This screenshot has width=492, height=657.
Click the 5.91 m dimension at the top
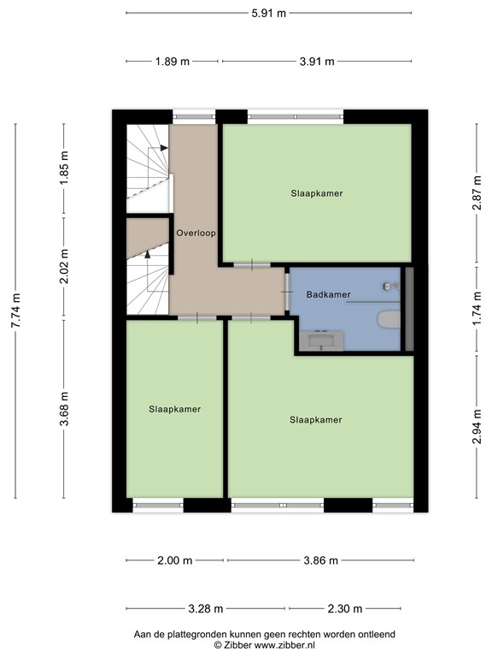coord(268,14)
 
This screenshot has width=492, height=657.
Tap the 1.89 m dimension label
coord(173,62)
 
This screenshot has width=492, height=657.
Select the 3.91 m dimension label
coord(317,62)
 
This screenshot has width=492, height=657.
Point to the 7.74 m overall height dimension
coord(15,311)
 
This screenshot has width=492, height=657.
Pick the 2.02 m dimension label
coord(63,266)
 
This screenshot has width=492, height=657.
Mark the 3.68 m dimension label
coord(63,409)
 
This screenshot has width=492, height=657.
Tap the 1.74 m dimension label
coord(477,308)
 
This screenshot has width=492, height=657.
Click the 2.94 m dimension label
coord(477,426)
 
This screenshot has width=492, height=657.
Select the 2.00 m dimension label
coord(174,560)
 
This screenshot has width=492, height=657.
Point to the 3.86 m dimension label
coord(320,560)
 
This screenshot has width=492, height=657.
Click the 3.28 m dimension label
coord(205,609)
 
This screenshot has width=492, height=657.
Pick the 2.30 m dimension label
coord(345,609)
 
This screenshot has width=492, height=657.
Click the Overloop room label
coord(196,234)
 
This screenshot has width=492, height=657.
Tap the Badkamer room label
coord(328,294)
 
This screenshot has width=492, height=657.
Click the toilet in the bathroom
coord(389,319)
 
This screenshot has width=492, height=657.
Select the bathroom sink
coord(321,341)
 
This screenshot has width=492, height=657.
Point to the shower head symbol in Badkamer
coord(390,287)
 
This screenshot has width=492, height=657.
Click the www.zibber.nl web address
coord(284,645)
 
